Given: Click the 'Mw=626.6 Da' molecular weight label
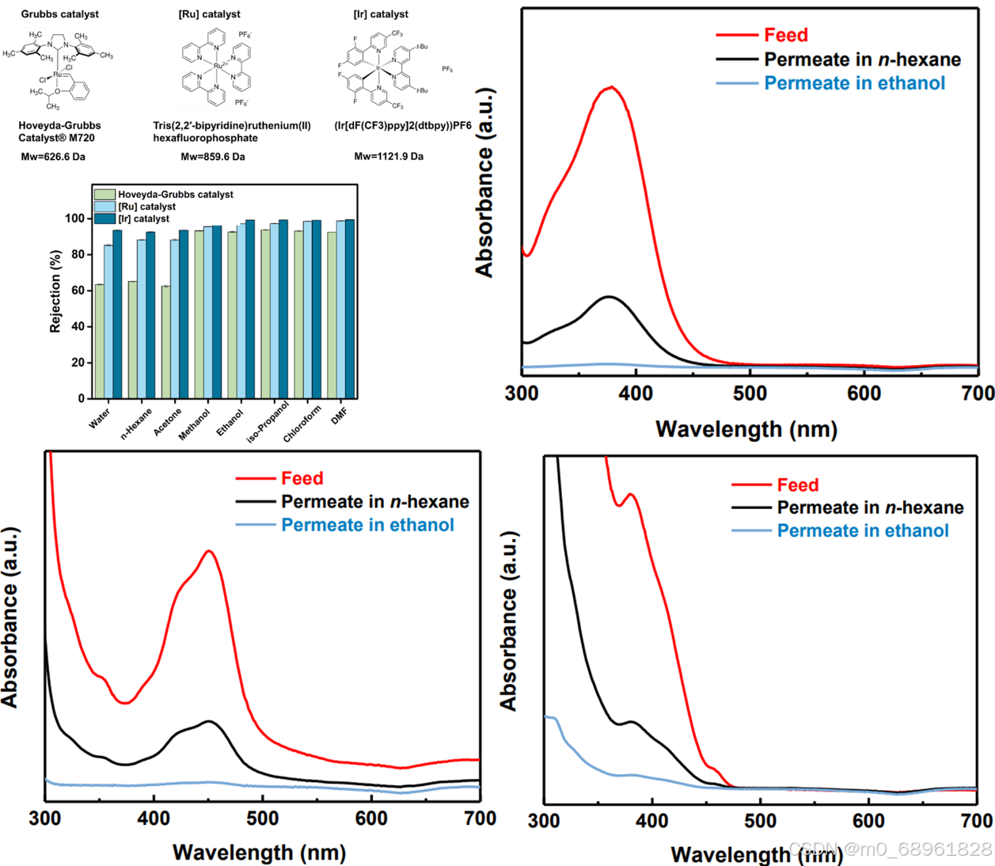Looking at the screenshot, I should [53, 157].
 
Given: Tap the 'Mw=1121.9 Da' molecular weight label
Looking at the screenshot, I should [389, 157].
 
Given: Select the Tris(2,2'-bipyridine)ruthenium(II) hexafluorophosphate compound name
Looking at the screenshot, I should [232, 131].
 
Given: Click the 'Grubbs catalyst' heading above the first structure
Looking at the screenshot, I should [60, 14].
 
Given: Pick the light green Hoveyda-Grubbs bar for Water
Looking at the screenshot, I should [100, 341].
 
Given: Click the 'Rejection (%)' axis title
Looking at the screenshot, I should [55, 291].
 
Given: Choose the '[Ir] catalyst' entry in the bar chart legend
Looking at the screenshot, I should [143, 218].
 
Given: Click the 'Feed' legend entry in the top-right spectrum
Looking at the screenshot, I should [785, 35].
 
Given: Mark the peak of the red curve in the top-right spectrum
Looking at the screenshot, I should [611, 87].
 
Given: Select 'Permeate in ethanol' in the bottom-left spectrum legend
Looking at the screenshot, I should [367, 525].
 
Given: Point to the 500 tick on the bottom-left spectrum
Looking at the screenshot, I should [262, 818].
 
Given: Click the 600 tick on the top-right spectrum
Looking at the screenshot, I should [864, 393].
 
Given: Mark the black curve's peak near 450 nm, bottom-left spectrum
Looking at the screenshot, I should [209, 721].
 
